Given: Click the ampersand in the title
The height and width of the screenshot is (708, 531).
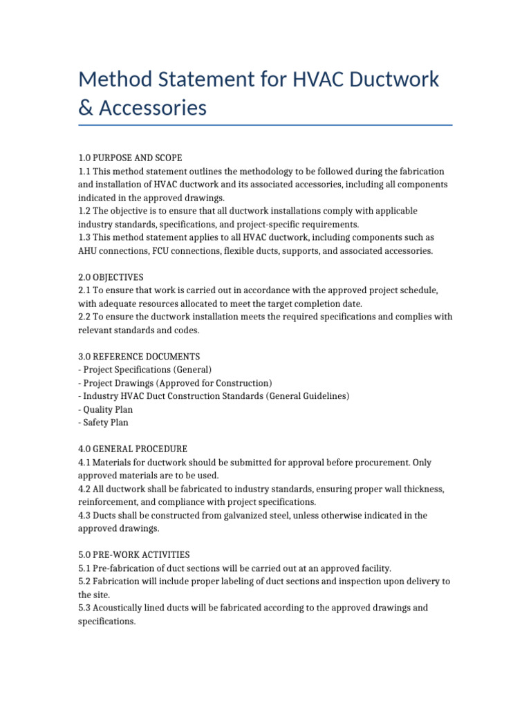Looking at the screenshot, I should click(x=86, y=109).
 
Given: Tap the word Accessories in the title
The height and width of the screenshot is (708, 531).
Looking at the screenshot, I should click(x=153, y=109).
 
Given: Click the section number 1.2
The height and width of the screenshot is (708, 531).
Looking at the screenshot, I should click(x=85, y=211).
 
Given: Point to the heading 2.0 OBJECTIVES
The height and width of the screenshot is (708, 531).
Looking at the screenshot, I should click(x=111, y=277).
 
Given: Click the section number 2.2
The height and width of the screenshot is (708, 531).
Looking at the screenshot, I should click(x=85, y=317).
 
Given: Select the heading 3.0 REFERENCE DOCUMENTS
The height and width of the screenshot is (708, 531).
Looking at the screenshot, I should click(x=139, y=357).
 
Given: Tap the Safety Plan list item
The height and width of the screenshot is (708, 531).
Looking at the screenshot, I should click(x=103, y=422).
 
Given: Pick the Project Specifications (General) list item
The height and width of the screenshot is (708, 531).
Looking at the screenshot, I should click(x=145, y=370).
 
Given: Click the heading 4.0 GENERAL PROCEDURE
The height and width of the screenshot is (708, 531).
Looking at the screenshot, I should click(x=133, y=449).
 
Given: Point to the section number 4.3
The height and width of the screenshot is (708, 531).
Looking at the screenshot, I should click(x=85, y=515).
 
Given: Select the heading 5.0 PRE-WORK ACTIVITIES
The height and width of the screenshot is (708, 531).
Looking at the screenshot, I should click(x=134, y=555).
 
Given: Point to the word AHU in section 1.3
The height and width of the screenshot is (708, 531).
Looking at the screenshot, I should click(x=88, y=251).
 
